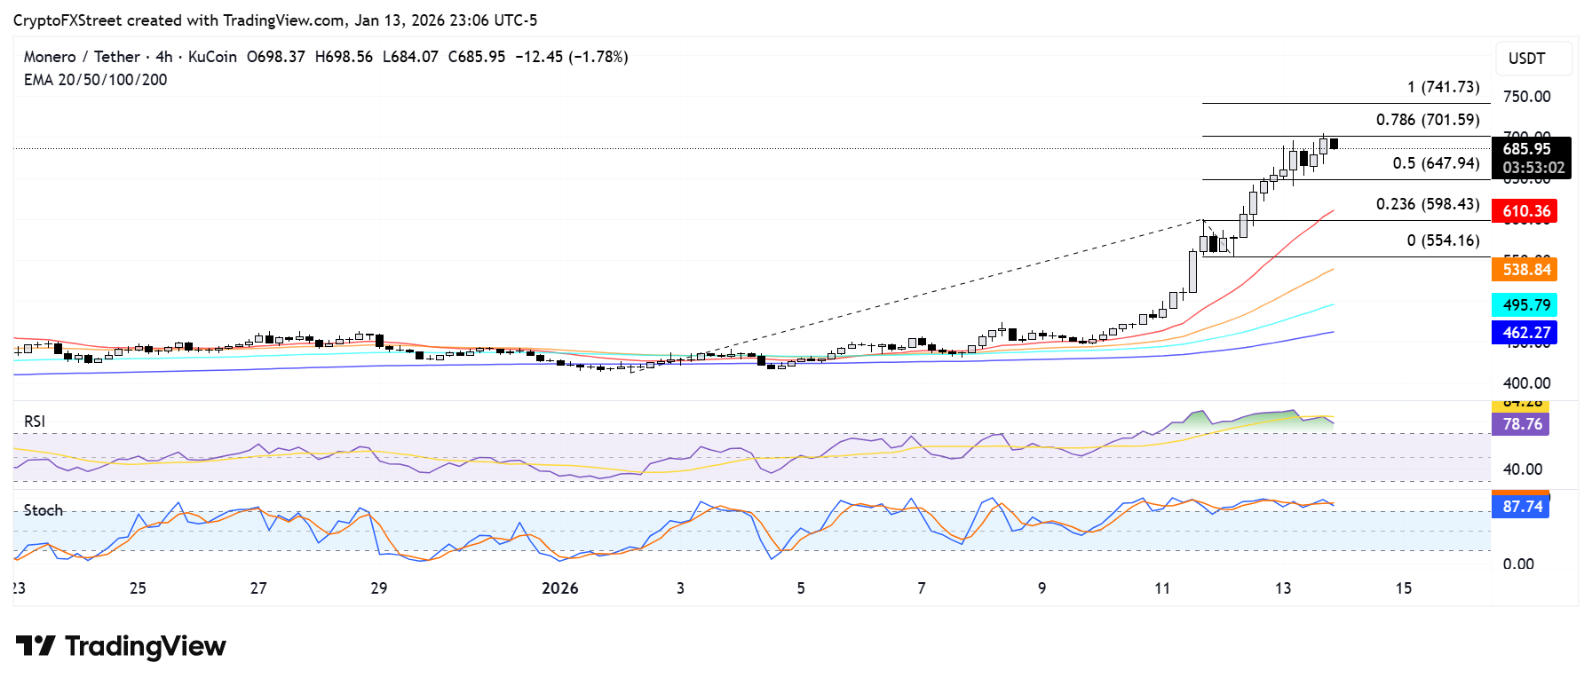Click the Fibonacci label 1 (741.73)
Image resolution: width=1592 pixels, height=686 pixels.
pos(1443,87)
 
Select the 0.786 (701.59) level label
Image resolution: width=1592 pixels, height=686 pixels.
pos(1428,120)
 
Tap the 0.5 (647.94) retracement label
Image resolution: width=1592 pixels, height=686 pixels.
pos(1436,163)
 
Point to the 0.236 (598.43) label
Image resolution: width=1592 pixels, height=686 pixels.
pos(1428,204)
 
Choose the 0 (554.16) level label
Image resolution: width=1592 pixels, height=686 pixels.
pos(1443,240)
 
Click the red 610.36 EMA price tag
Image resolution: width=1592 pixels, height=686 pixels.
pos(1525,211)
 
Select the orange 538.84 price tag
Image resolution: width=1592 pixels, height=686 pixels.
pos(1525,270)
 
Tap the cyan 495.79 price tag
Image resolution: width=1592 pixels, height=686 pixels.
pos(1525,305)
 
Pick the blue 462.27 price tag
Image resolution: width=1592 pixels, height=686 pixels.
pos(1525,333)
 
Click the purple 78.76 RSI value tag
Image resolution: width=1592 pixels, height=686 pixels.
pos(1521,424)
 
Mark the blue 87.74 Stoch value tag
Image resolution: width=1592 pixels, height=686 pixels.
pos(1521,507)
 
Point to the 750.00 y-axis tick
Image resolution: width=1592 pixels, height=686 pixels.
pos(1526,97)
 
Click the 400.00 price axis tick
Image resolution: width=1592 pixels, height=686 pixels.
pos(1526,383)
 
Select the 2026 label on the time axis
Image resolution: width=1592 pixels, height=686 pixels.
pos(559,588)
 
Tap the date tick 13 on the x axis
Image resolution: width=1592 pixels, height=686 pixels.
pos(1282,588)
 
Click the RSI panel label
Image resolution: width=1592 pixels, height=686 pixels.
pos(35,422)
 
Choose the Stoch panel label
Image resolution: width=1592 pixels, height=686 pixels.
pos(44,510)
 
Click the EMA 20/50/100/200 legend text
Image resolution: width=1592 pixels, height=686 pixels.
pos(95,80)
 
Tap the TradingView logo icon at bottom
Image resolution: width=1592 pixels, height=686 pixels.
pos(36,646)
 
